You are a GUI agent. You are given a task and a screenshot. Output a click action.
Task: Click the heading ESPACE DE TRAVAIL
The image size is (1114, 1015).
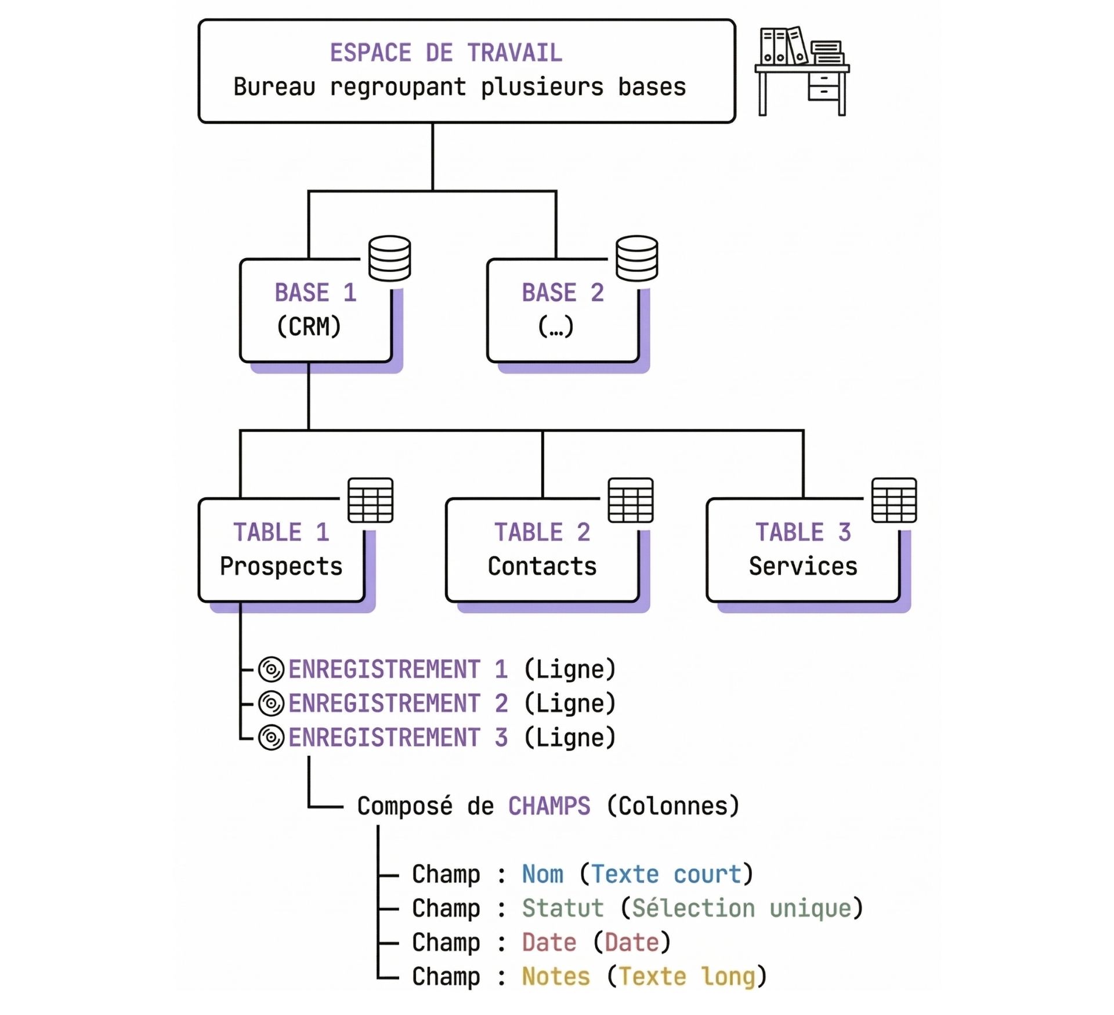click(x=446, y=53)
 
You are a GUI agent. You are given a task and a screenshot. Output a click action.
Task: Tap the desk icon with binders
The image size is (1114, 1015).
click(x=802, y=71)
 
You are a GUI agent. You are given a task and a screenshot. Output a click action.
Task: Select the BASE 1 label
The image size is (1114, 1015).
click(x=315, y=292)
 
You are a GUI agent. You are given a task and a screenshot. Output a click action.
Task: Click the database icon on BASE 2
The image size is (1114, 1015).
click(x=636, y=258)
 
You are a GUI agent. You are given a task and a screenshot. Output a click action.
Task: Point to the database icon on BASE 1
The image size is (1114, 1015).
click(x=389, y=258)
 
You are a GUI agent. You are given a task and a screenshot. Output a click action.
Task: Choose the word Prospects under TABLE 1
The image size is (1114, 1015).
click(x=281, y=566)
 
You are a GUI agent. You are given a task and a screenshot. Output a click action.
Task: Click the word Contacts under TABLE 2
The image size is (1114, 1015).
click(x=542, y=566)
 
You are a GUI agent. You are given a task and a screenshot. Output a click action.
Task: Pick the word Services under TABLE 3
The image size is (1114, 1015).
click(x=802, y=566)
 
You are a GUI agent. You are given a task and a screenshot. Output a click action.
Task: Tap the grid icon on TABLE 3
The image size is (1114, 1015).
click(x=894, y=500)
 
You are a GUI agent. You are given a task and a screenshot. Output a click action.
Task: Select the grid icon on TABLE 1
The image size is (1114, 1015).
click(x=370, y=500)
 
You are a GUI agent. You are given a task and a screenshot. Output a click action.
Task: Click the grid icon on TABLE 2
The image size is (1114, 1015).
click(x=630, y=500)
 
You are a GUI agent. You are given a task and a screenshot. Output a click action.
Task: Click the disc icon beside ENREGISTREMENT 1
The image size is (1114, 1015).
click(x=271, y=669)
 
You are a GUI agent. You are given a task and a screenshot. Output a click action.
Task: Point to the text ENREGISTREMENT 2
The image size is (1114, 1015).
click(x=398, y=704)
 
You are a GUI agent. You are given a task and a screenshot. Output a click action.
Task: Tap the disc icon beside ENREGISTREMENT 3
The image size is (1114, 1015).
click(x=271, y=738)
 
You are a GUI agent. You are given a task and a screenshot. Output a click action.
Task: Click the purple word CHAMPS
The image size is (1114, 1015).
click(x=549, y=806)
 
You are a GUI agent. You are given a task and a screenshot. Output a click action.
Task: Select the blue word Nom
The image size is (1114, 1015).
click(x=542, y=874)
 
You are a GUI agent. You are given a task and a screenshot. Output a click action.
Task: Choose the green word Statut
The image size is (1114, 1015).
click(x=562, y=908)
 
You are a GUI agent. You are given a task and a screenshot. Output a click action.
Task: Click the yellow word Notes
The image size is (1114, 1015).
click(x=555, y=977)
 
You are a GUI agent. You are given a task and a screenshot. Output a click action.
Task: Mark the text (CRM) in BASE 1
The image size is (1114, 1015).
click(x=309, y=327)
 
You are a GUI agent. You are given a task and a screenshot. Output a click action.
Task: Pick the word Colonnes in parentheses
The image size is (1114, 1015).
click(x=673, y=806)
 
